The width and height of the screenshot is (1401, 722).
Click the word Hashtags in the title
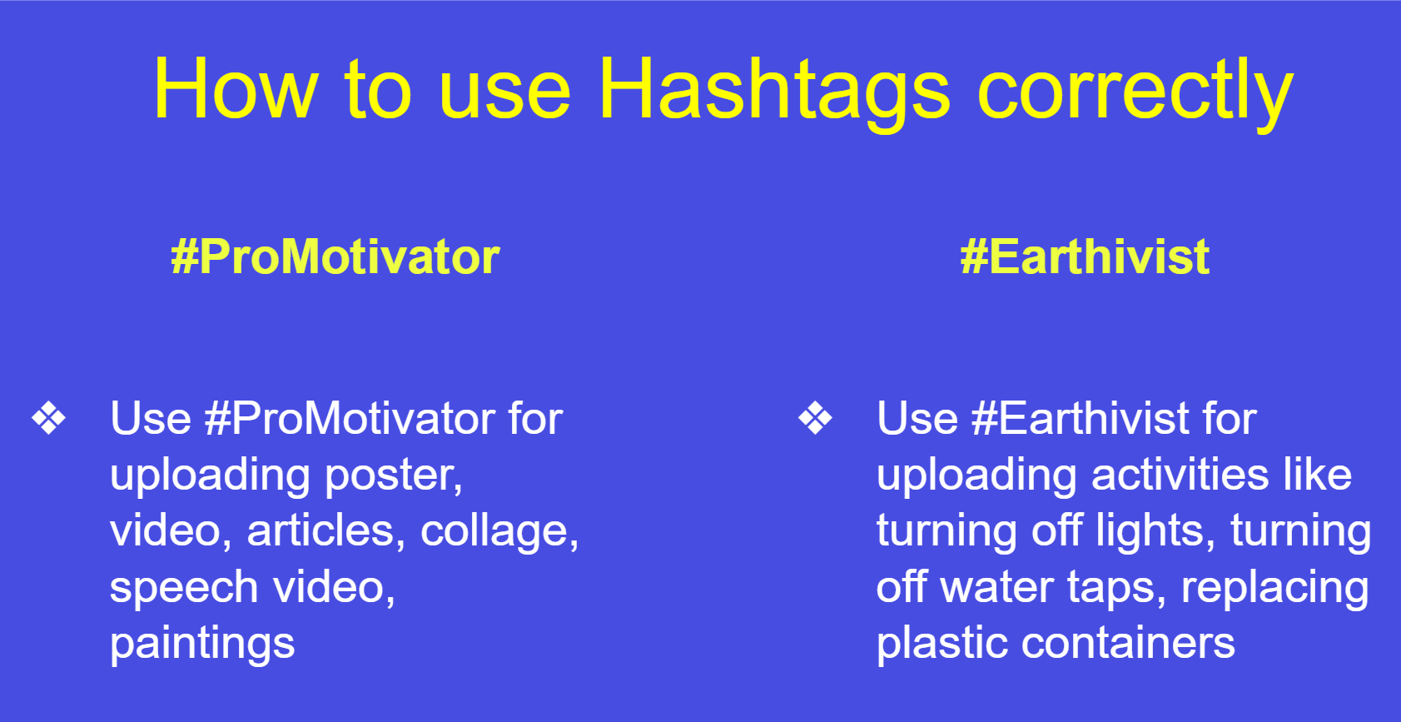773,90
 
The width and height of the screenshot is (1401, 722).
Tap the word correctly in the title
1135,90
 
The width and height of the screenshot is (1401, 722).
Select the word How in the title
236,90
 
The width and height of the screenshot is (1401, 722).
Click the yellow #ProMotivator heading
335,256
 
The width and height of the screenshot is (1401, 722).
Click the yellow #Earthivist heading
1084,256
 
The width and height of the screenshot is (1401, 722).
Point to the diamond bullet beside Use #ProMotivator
49,418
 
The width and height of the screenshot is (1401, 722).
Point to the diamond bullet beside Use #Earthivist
815,418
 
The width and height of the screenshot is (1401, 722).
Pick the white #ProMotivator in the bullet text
350,418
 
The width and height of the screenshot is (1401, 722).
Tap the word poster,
393,476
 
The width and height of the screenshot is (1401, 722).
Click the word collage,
499,531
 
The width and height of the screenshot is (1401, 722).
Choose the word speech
184,588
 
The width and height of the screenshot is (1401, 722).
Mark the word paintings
202,644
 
